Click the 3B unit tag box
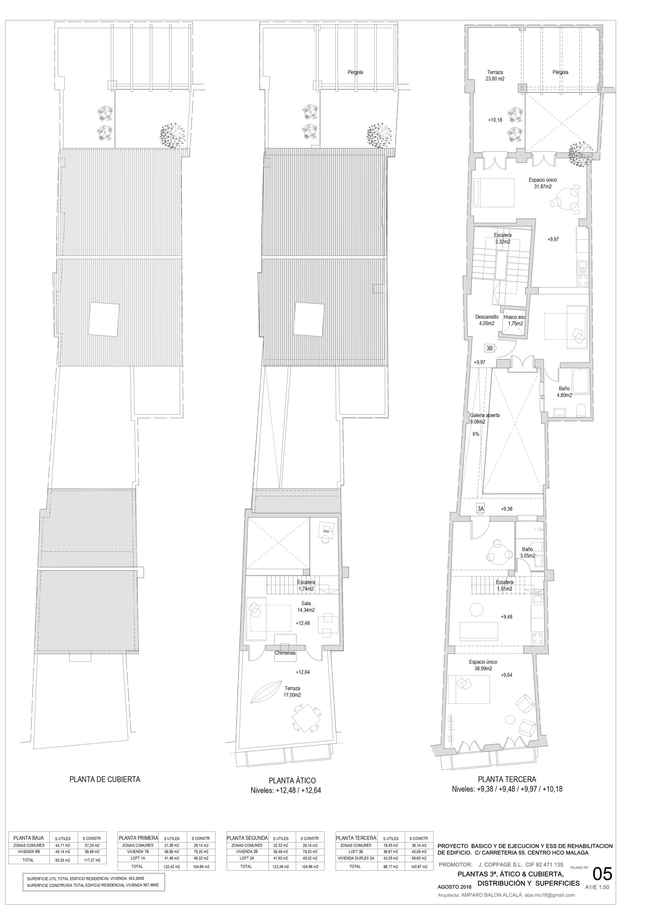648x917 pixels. tap(489, 348)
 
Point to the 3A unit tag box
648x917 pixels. tap(481, 509)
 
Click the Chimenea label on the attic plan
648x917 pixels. tap(285, 653)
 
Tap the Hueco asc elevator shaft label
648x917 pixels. tap(514, 317)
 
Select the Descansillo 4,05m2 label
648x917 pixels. tap(486, 320)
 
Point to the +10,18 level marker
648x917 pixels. tap(495, 120)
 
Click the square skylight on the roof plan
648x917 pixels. tap(104, 320)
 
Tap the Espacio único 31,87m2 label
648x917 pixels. tap(543, 183)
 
